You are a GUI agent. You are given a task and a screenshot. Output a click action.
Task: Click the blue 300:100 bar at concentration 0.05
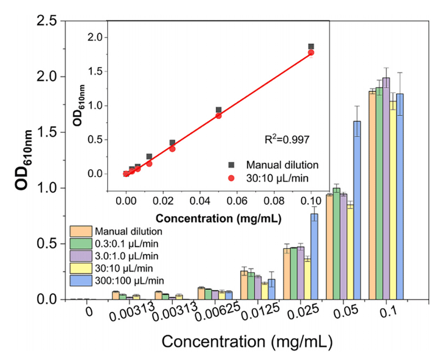point(357,210)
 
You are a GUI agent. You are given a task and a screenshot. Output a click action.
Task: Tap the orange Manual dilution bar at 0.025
point(286,274)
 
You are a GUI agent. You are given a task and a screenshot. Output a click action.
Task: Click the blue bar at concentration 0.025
point(314,257)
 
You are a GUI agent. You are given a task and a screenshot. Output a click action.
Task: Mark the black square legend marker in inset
point(231,165)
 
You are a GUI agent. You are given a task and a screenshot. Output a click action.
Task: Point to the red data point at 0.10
point(311,52)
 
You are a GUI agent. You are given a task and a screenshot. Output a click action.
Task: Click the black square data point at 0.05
point(219,110)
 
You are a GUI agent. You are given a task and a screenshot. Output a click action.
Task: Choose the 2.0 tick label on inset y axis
point(95,38)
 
